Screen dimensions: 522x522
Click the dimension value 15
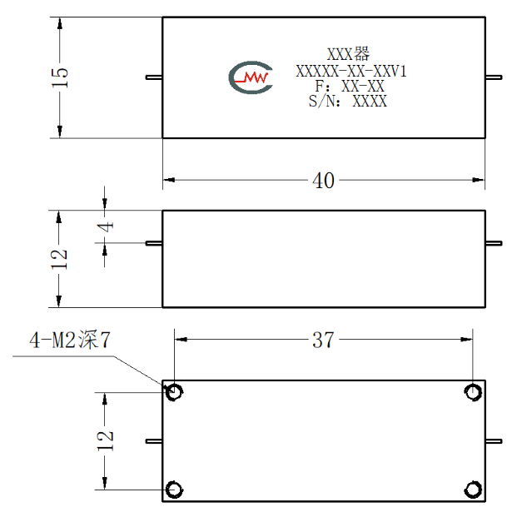pyautogui.click(x=60, y=77)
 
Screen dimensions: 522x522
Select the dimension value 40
pyautogui.click(x=323, y=181)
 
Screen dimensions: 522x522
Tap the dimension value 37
pyautogui.click(x=323, y=340)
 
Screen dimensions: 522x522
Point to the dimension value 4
pyautogui.click(x=106, y=227)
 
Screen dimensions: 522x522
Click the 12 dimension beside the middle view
pyautogui.click(x=59, y=259)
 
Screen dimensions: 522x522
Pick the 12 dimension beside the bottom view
pyautogui.click(x=105, y=440)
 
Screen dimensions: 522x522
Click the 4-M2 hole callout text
pyautogui.click(x=70, y=340)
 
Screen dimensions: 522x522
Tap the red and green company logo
pyautogui.click(x=251, y=77)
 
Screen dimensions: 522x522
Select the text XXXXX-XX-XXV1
pyautogui.click(x=351, y=72)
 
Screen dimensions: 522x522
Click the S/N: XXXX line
pyautogui.click(x=347, y=101)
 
